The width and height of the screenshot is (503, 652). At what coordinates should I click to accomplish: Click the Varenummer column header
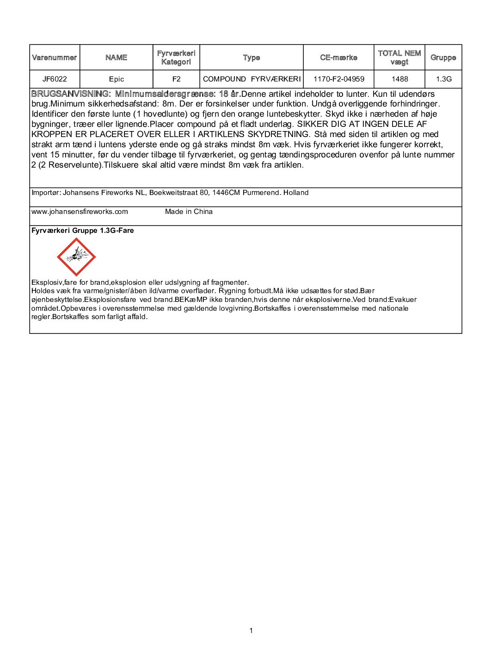pos(55,57)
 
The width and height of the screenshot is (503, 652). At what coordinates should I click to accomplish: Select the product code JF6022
pos(55,79)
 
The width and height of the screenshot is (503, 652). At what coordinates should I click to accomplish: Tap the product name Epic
pos(117,79)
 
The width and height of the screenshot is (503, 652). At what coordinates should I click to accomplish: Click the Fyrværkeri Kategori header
pos(176,57)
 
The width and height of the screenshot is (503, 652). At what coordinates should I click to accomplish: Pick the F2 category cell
pos(176,79)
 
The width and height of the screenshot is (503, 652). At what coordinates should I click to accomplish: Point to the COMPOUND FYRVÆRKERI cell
pos(251,79)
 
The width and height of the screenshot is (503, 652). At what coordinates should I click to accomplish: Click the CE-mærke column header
pos(338,57)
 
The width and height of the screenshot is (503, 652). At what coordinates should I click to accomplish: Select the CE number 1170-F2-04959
pos(338,79)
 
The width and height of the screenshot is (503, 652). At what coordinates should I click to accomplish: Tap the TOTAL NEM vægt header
pos(399,57)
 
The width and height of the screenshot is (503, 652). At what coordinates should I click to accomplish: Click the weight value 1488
pos(399,79)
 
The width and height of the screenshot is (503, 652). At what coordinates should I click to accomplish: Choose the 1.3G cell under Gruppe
pos(443,79)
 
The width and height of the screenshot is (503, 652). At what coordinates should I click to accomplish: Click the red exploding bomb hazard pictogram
pos(76,257)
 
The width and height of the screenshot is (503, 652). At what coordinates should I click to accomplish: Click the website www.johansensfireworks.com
pos(80,212)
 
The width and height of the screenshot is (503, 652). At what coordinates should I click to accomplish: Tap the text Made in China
pos(189,212)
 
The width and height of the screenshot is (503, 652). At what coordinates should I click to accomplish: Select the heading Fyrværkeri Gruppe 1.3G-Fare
pos(82,231)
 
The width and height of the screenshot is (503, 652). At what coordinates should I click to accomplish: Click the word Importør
pos(45,193)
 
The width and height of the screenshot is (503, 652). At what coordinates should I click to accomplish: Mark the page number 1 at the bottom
pos(251,630)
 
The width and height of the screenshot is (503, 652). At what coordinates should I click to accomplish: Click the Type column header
pos(251,57)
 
